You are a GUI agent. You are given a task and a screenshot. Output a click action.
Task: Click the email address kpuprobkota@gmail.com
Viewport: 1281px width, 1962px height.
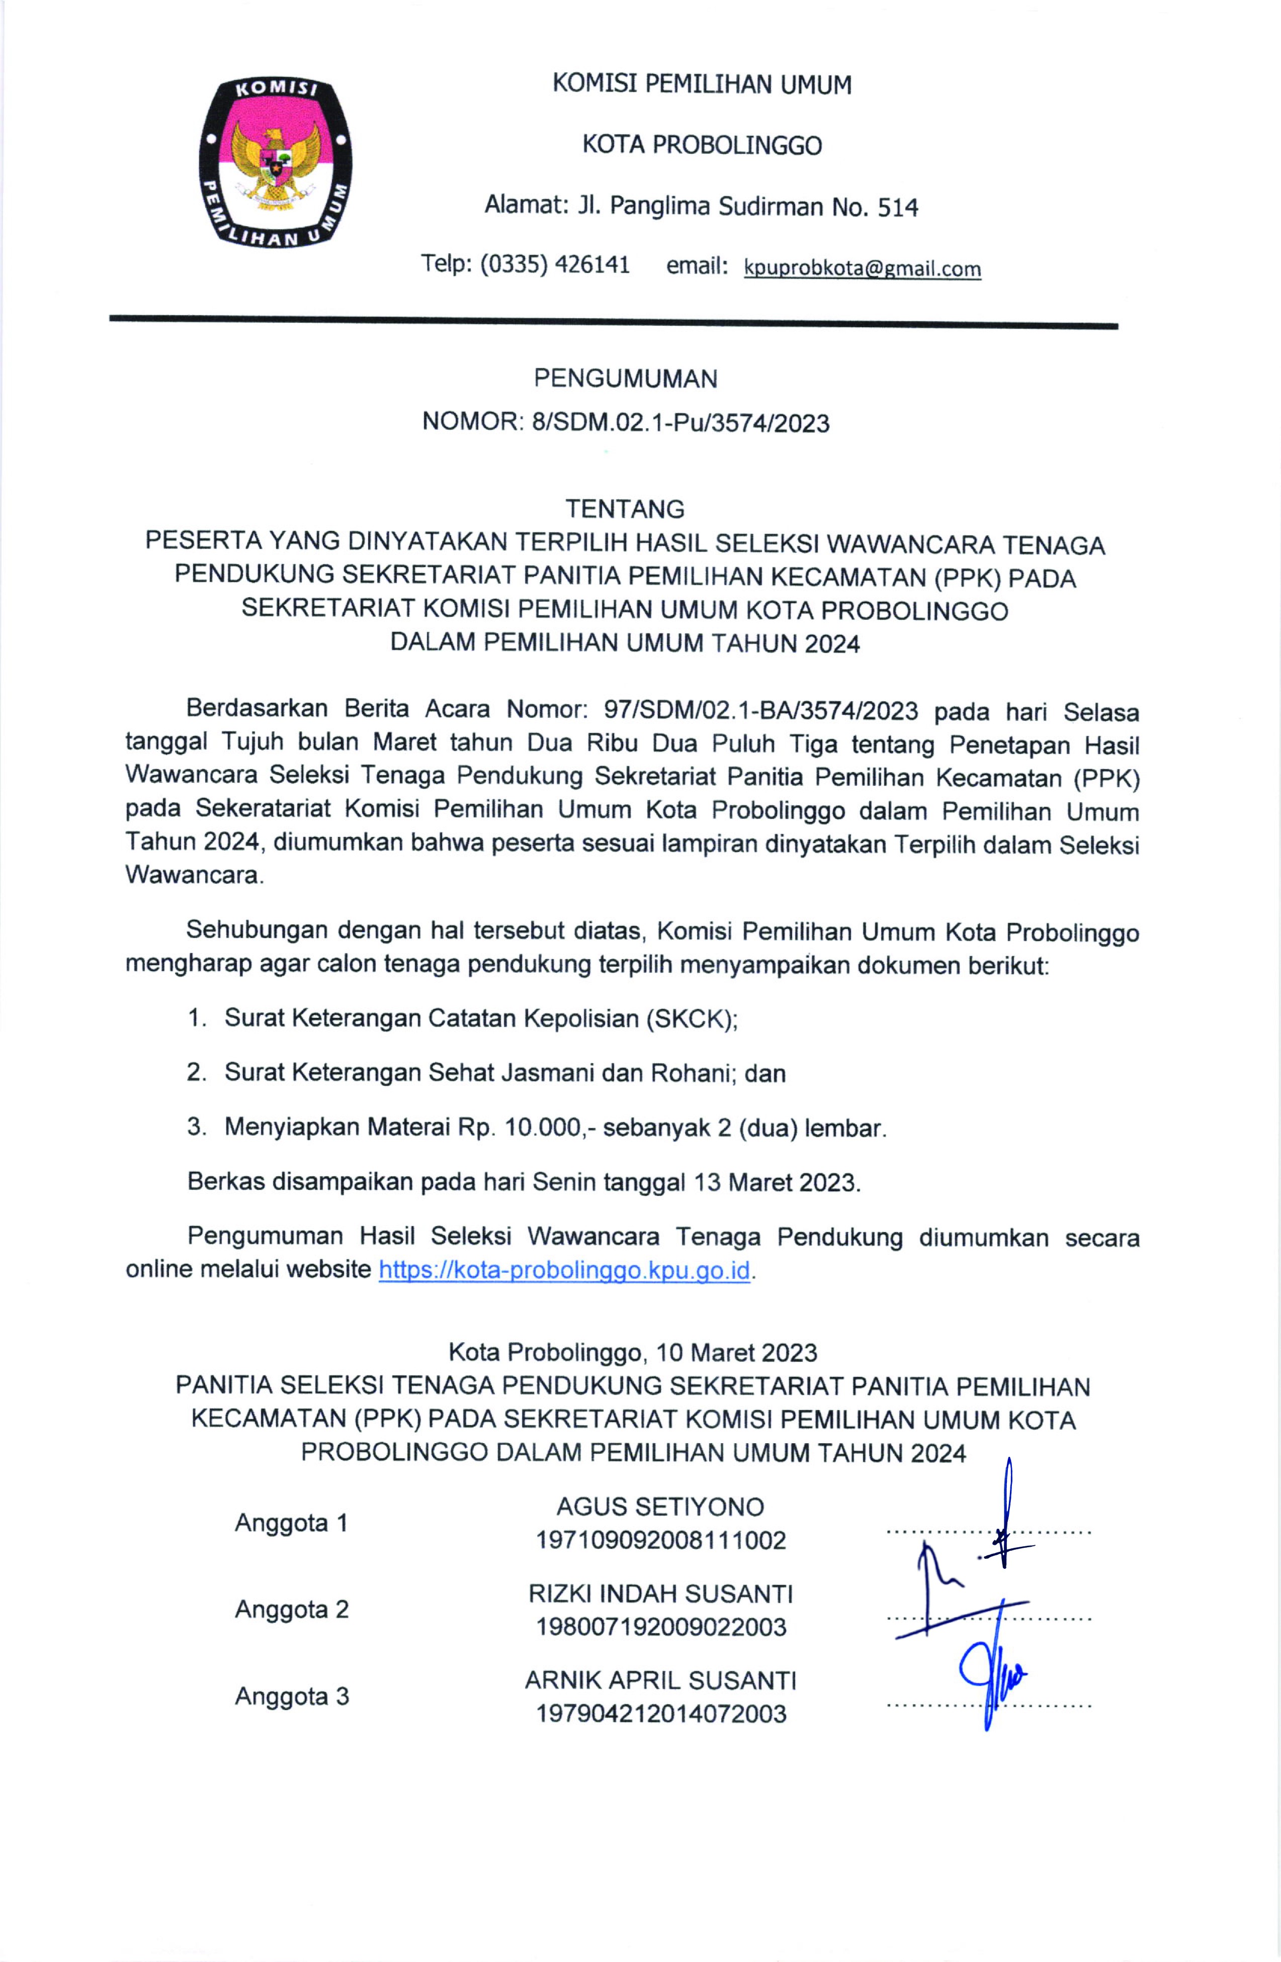click(862, 268)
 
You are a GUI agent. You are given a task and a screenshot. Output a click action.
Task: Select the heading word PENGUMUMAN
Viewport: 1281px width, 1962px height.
click(625, 379)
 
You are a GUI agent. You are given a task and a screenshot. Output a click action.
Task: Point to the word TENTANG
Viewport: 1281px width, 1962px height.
click(625, 509)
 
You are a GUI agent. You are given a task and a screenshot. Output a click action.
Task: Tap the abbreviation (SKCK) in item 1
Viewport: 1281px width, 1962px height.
click(691, 1019)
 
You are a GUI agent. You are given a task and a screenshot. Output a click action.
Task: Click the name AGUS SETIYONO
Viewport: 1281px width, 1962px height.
click(660, 1507)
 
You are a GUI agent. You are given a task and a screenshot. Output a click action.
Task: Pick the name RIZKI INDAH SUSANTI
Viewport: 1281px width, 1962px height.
click(660, 1594)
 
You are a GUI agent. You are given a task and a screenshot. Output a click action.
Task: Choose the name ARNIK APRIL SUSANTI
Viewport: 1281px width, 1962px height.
click(660, 1680)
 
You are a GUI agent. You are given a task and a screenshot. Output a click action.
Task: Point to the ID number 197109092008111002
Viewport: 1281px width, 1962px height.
click(660, 1540)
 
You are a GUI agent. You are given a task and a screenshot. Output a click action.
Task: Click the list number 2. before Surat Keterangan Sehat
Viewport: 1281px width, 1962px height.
click(196, 1073)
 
